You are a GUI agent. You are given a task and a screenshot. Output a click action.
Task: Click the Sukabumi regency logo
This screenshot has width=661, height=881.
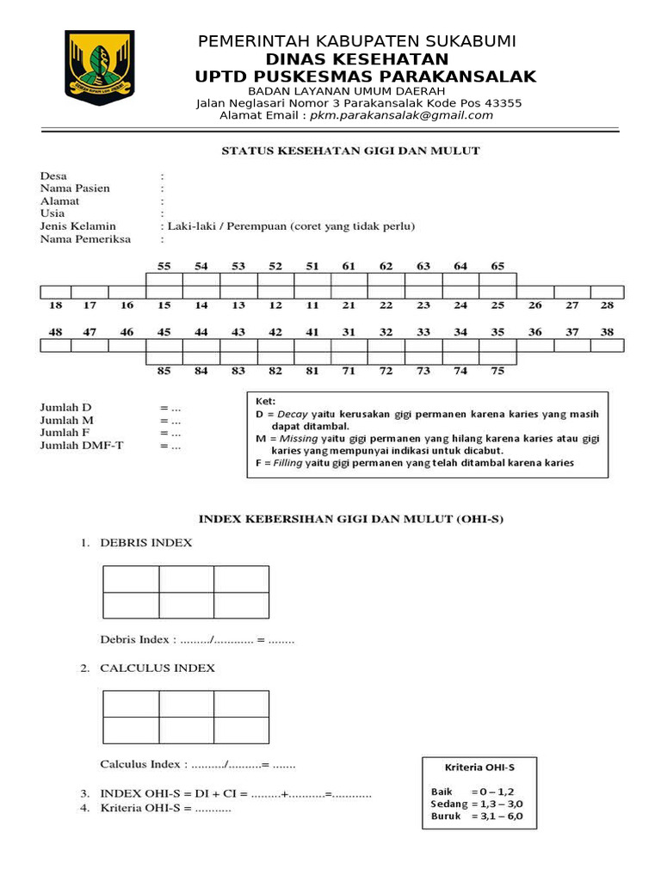point(100,67)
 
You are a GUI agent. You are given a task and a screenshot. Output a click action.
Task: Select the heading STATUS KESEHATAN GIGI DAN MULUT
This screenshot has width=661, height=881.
point(350,151)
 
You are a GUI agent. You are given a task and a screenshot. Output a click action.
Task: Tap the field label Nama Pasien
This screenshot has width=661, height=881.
point(75,188)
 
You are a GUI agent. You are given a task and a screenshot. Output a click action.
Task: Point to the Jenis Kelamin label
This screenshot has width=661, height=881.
point(77,226)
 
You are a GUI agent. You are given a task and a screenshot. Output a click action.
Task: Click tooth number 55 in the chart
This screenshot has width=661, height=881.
point(164,267)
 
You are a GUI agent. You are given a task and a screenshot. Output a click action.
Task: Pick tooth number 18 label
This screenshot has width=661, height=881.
point(56,305)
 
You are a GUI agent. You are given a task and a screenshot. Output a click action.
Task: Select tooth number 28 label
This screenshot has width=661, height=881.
point(607,305)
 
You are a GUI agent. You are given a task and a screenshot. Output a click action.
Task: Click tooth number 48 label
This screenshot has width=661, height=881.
point(56,331)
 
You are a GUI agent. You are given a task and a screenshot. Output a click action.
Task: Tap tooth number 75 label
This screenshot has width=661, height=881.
point(497,371)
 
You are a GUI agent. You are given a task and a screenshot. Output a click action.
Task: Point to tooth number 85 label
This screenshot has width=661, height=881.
point(164,371)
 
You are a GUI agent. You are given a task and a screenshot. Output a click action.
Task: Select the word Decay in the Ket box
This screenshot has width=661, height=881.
point(291,414)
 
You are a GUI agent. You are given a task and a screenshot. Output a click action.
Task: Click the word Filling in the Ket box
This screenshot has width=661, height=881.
point(289,463)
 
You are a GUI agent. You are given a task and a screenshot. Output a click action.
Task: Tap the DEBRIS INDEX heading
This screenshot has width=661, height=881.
point(145,543)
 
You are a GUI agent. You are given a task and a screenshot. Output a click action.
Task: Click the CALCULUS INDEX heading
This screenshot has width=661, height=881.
point(158,668)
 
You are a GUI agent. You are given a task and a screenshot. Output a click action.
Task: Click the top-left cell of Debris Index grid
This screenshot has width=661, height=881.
point(131,579)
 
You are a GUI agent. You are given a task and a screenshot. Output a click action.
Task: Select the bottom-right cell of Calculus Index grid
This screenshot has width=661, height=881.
point(241,730)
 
